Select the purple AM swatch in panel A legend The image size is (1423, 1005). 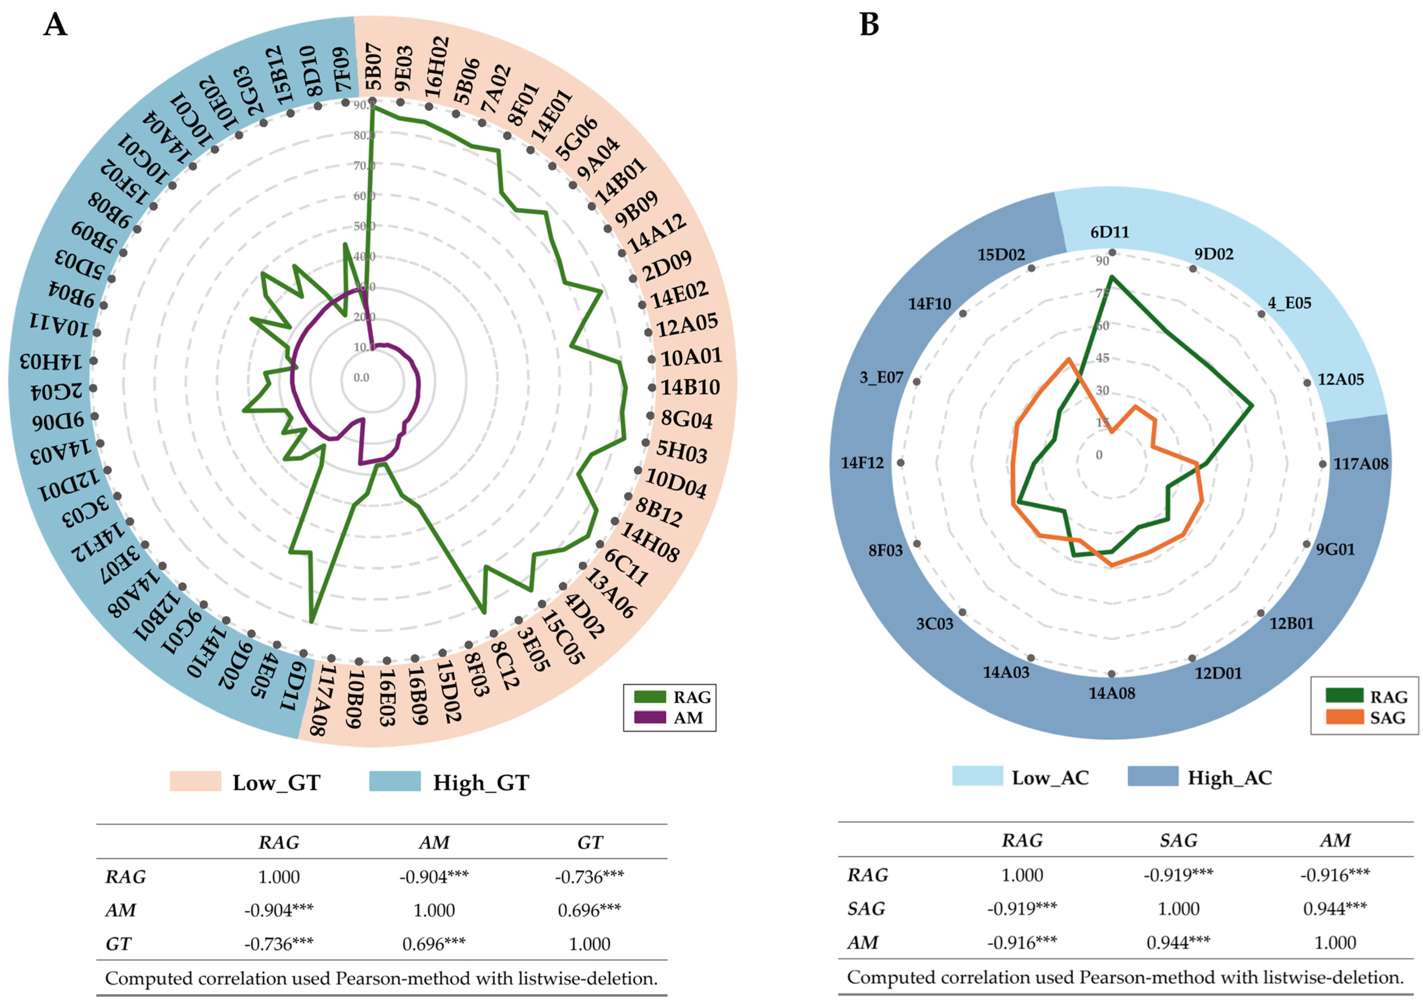(x=650, y=718)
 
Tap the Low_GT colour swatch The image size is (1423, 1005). (x=195, y=782)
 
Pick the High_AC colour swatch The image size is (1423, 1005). (x=1153, y=777)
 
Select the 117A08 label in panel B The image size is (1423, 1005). (x=1360, y=464)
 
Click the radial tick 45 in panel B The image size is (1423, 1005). (x=1102, y=358)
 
